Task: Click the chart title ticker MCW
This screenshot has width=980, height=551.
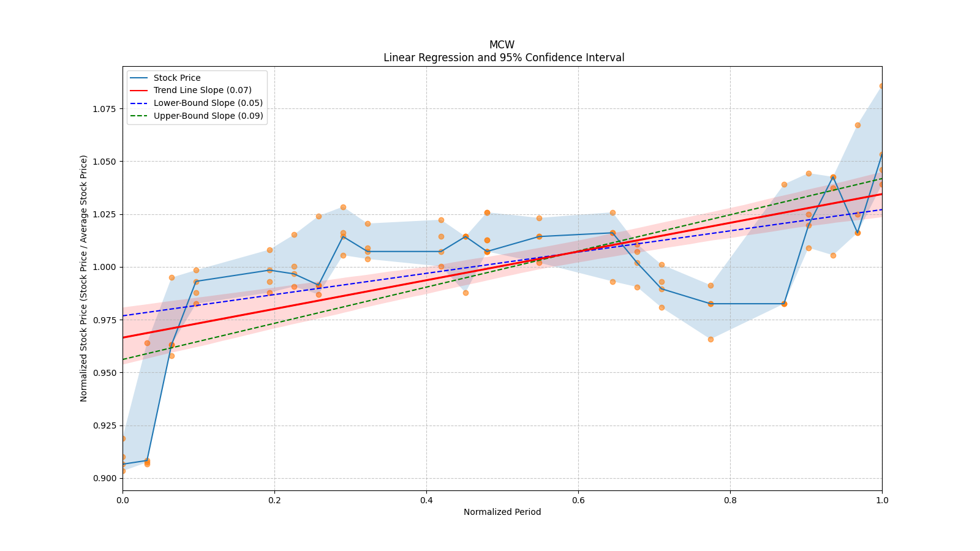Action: pos(502,45)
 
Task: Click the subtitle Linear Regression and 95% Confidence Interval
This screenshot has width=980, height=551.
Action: pos(503,58)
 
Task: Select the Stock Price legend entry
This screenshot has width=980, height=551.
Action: pos(177,78)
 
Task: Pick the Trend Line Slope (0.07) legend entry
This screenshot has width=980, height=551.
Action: pos(202,91)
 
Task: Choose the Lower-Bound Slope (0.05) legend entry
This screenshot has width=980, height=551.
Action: pos(208,103)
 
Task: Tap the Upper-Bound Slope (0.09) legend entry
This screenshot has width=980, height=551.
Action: pos(208,116)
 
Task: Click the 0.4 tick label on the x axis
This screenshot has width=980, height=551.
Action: pos(426,500)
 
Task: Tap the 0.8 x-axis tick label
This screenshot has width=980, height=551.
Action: pos(730,500)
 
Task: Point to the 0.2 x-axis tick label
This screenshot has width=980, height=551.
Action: pos(274,500)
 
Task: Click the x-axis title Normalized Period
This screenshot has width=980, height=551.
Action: pos(502,512)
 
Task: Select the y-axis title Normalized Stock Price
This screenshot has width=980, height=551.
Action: pos(84,278)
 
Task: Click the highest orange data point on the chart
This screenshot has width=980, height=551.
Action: pos(882,86)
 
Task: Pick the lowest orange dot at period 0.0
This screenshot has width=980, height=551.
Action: pos(123,471)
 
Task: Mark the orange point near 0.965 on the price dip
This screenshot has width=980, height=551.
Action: pos(710,339)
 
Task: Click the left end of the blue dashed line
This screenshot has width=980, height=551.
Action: pos(123,316)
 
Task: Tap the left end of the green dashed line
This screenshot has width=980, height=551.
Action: pos(123,359)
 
